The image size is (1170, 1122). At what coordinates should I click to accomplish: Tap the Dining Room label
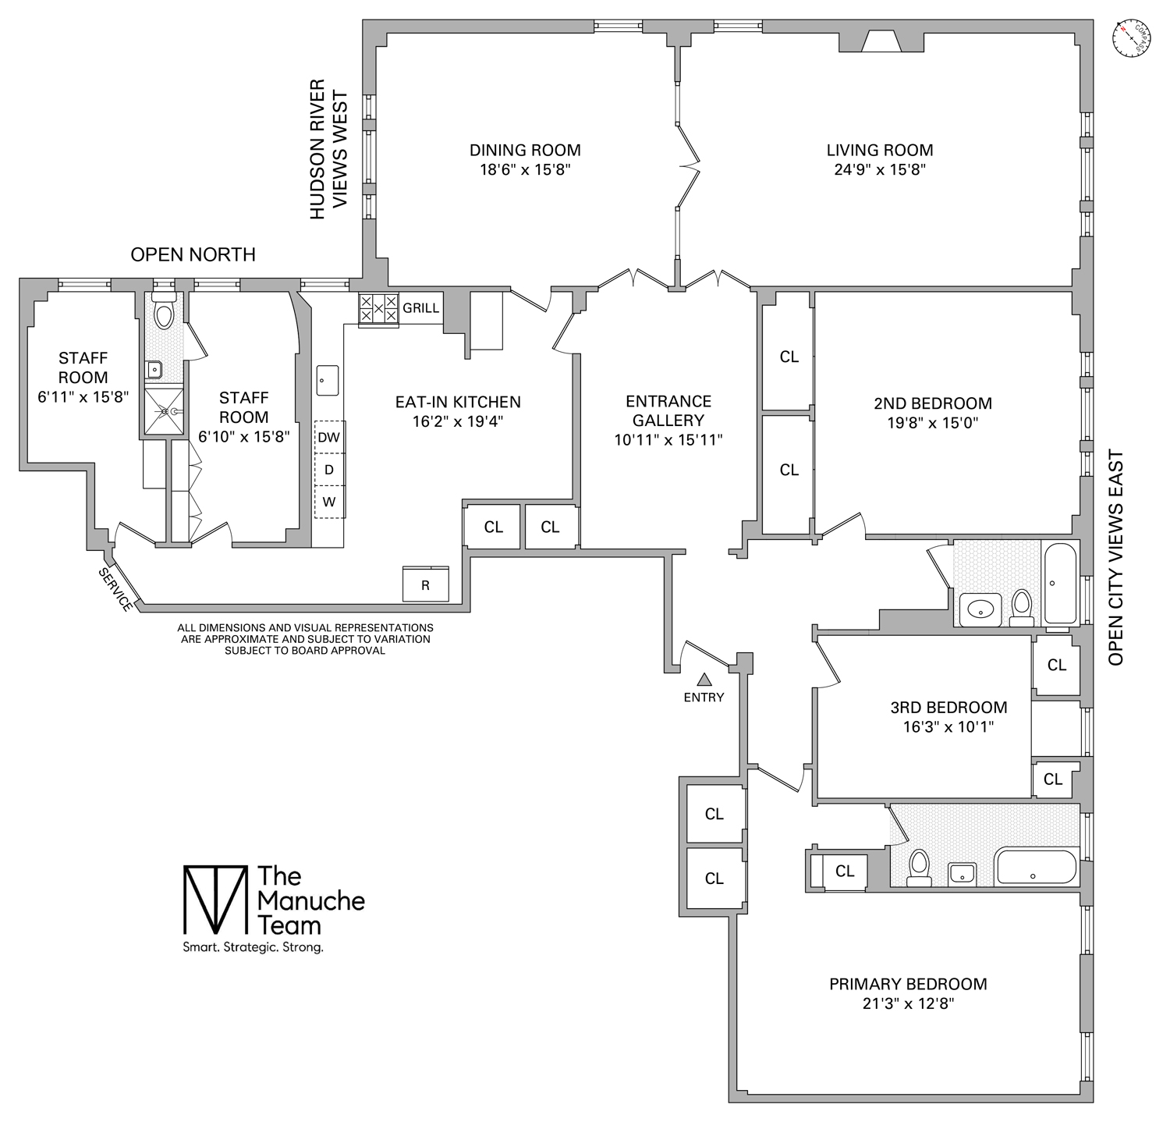525,150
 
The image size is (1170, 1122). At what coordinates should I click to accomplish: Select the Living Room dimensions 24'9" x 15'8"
879,170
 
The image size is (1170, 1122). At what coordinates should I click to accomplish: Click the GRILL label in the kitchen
420,308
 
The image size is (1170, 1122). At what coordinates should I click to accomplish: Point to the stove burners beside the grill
378,309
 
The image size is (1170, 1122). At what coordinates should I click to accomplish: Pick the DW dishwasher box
329,437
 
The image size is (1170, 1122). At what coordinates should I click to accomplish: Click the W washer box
329,502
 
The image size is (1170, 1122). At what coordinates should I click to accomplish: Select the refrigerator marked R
425,584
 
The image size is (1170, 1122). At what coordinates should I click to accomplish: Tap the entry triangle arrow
704,680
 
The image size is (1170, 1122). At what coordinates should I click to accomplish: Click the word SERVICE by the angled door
115,589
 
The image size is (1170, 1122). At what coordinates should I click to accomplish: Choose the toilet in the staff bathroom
164,314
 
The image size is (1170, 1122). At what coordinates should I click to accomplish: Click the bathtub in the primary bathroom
1036,867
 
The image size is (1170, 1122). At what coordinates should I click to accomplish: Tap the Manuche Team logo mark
213,900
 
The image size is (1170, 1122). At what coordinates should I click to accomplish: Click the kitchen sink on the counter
328,380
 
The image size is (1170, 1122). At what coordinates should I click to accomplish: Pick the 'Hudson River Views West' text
328,149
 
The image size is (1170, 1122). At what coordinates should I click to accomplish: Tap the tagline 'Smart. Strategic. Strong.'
253,948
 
